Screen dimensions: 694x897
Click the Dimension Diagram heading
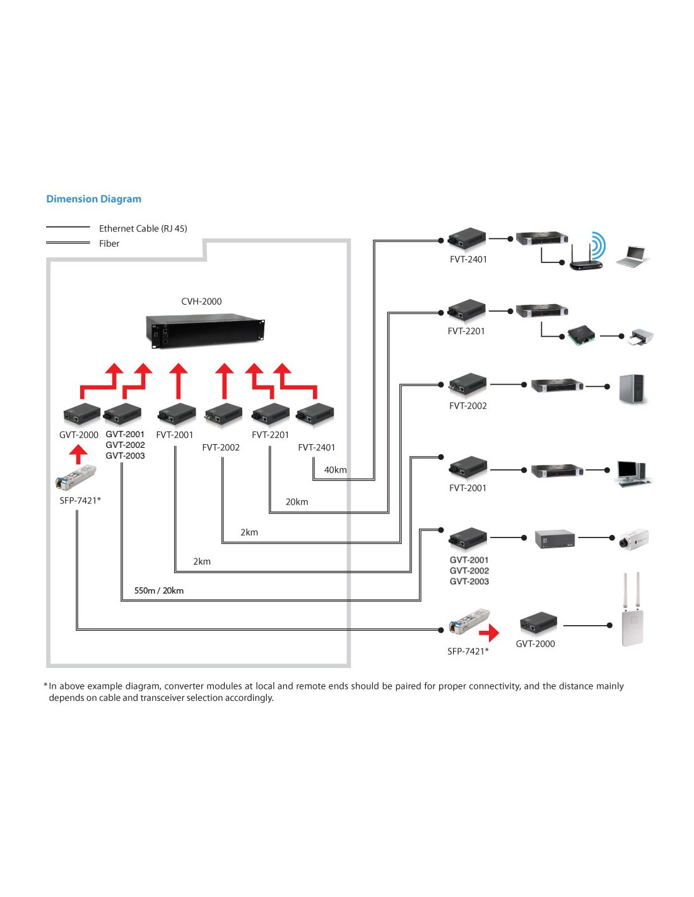(94, 199)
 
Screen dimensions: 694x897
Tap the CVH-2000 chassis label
(201, 302)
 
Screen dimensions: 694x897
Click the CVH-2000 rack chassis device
(205, 331)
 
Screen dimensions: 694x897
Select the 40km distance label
(335, 470)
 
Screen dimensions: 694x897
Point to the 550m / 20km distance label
(159, 590)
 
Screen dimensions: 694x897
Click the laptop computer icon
(632, 257)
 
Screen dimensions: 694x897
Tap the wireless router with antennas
(587, 257)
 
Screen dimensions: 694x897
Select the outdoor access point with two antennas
(632, 609)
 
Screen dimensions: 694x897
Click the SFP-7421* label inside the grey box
(80, 501)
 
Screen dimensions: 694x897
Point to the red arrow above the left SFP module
(78, 454)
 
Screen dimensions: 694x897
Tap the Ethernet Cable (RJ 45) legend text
(143, 229)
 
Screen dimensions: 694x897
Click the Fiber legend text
(109, 243)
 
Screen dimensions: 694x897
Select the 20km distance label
(297, 502)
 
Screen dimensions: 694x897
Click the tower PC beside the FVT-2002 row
(632, 389)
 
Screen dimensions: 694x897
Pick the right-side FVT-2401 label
(468, 259)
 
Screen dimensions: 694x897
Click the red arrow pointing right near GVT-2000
(489, 633)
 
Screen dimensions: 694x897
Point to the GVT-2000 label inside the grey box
(79, 435)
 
